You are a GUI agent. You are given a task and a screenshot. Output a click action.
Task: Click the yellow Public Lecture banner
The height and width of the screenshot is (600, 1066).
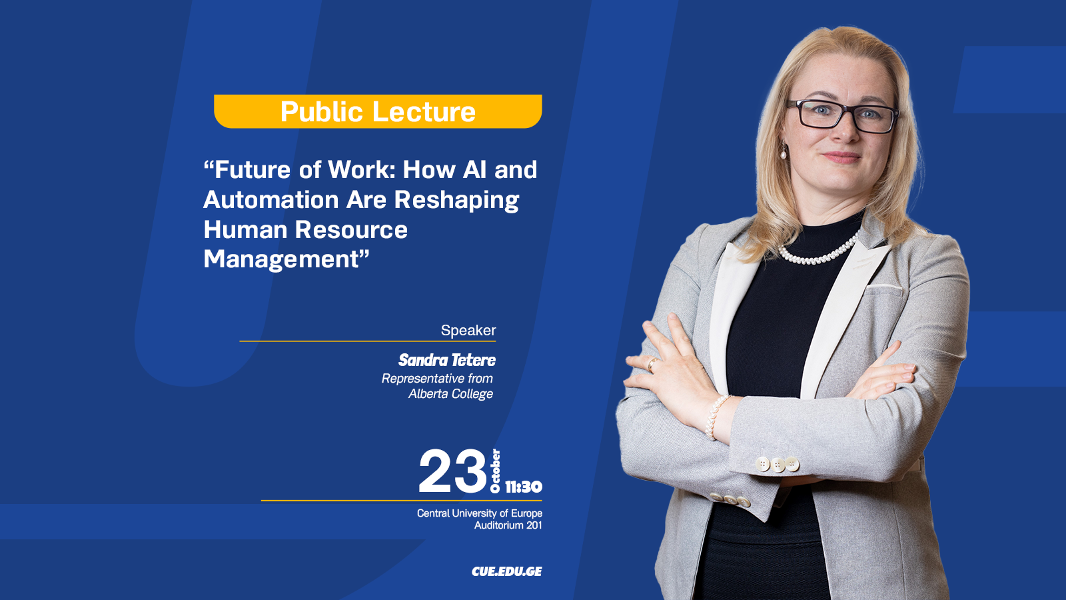pyautogui.click(x=378, y=111)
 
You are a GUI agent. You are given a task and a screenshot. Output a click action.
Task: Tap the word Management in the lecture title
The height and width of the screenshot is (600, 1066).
pyautogui.click(x=280, y=260)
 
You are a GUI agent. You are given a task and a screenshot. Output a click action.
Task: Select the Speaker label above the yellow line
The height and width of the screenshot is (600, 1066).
pyautogui.click(x=468, y=330)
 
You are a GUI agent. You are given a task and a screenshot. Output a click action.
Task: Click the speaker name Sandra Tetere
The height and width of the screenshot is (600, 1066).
pyautogui.click(x=447, y=360)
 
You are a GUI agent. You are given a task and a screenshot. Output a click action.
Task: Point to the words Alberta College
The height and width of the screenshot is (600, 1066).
pyautogui.click(x=450, y=394)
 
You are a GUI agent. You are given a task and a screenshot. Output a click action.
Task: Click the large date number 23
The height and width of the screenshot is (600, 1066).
pyautogui.click(x=452, y=471)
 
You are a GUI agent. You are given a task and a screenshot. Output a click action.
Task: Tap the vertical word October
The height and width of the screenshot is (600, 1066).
pyautogui.click(x=496, y=471)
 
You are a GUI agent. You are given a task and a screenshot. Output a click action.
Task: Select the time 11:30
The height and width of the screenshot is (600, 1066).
pyautogui.click(x=524, y=487)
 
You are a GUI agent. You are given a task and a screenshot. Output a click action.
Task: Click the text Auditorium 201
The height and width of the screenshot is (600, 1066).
pyautogui.click(x=508, y=525)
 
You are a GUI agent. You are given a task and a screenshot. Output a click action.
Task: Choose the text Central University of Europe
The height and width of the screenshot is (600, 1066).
pyautogui.click(x=480, y=513)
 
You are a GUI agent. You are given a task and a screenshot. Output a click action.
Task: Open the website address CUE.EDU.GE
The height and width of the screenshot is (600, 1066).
pyautogui.click(x=507, y=571)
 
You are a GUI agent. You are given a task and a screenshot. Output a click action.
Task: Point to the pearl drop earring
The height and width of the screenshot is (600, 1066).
pyautogui.click(x=783, y=152)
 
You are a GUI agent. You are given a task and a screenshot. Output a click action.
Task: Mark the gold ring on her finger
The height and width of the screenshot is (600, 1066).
pyautogui.click(x=651, y=364)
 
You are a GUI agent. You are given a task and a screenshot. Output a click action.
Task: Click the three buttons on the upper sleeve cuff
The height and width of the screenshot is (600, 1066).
pyautogui.click(x=777, y=464)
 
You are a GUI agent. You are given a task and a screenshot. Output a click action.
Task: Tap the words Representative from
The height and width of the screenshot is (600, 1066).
pyautogui.click(x=437, y=379)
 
